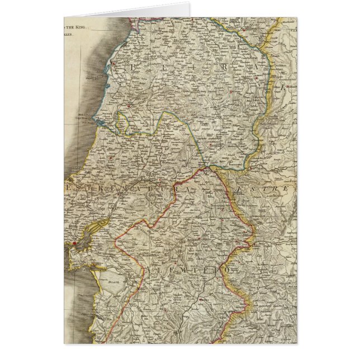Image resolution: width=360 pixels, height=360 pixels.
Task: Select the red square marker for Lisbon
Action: [x=74, y=244]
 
